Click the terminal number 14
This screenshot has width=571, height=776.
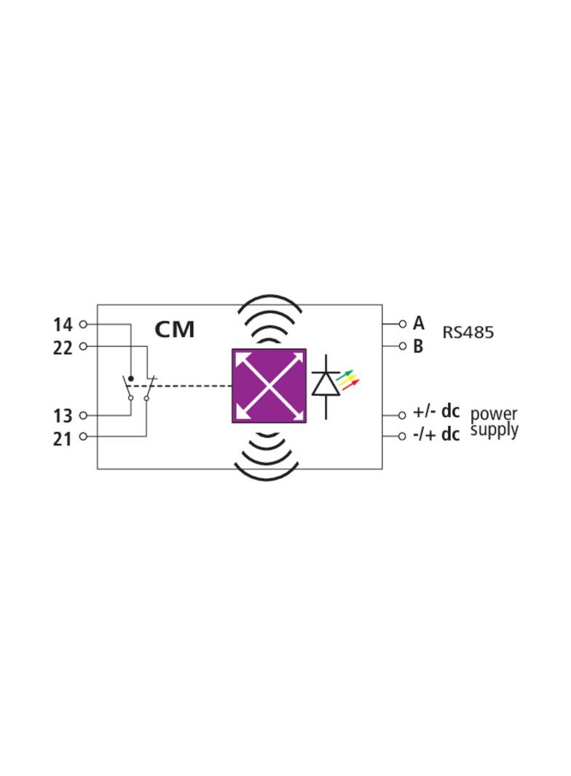(63, 325)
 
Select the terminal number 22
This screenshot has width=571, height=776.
(63, 348)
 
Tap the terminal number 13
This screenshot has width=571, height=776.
(63, 416)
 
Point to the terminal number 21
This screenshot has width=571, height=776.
(63, 439)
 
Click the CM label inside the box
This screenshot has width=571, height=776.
(175, 330)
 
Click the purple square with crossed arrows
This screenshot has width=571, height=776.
(269, 386)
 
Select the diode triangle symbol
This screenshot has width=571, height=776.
(326, 384)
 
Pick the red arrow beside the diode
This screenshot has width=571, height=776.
(351, 384)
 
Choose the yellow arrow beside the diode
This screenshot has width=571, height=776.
(348, 379)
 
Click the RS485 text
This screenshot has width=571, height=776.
(468, 333)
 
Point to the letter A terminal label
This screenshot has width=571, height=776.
(419, 323)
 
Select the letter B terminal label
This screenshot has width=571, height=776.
(419, 347)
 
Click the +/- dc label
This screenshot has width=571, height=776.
(436, 412)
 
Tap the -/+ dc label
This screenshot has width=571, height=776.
(436, 435)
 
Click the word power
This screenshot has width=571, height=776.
(494, 413)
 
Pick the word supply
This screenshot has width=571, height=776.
(495, 430)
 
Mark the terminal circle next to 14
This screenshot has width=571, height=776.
(83, 324)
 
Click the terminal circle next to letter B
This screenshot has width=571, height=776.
(403, 346)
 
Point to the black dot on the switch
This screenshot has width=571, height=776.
(131, 379)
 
